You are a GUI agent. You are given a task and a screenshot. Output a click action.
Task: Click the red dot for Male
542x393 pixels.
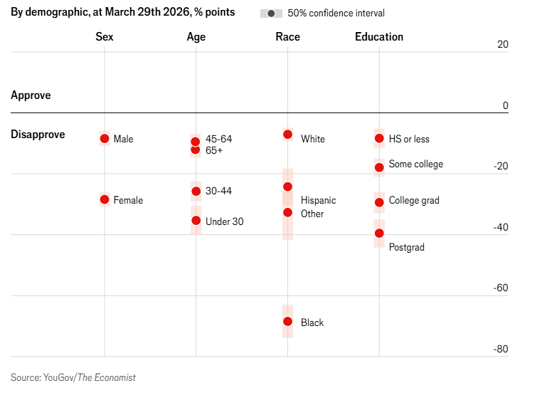pyautogui.click(x=105, y=139)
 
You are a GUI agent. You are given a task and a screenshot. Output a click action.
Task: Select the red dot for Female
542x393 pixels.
pyautogui.click(x=105, y=200)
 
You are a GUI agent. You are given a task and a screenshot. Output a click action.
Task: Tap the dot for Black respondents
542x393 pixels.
pyautogui.click(x=287, y=322)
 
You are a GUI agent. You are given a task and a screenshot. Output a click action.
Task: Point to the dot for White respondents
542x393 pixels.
pyautogui.click(x=287, y=135)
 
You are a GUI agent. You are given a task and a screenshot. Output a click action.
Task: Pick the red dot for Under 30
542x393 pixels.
pyautogui.click(x=196, y=221)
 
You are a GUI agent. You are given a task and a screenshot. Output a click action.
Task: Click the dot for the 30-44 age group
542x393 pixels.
pyautogui.click(x=196, y=191)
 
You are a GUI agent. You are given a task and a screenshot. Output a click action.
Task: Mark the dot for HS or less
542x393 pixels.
pyautogui.click(x=379, y=138)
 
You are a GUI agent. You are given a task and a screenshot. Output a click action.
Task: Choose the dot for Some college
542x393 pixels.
pyautogui.click(x=379, y=167)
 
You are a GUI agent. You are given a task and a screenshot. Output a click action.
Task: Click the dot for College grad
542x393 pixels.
pyautogui.click(x=379, y=202)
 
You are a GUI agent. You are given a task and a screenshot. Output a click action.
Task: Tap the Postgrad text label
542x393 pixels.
pyautogui.click(x=406, y=247)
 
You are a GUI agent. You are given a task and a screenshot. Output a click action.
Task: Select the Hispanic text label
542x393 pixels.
pyautogui.click(x=318, y=200)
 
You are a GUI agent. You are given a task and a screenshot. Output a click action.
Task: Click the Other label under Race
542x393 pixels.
pyautogui.click(x=312, y=214)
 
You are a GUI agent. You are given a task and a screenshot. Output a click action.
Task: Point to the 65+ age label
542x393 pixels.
pyautogui.click(x=214, y=150)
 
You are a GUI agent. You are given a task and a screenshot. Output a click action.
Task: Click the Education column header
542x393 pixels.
pyautogui.click(x=379, y=37)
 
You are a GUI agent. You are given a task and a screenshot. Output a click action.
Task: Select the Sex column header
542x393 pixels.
pyautogui.click(x=105, y=37)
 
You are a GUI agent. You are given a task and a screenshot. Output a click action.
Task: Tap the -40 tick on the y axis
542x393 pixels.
pyautogui.click(x=501, y=227)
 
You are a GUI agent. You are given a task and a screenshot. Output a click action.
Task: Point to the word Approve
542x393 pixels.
pyautogui.click(x=31, y=95)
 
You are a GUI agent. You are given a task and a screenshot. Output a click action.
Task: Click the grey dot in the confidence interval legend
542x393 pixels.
pyautogui.click(x=271, y=14)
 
